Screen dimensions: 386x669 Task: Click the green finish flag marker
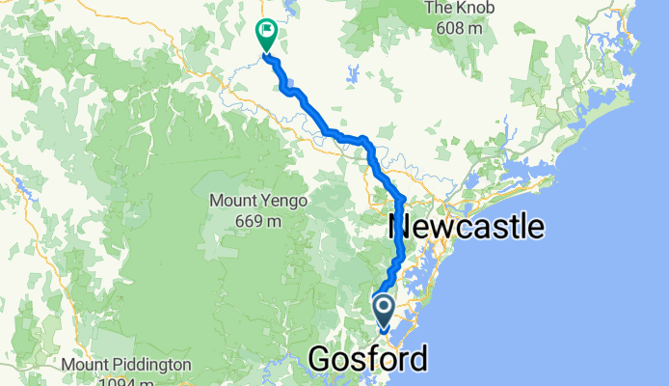point(264,35)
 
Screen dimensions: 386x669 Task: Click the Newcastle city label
point(466,228)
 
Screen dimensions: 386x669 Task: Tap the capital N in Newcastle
point(398,228)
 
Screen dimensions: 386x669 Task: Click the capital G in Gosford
point(319,361)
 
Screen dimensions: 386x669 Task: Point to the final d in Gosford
point(418,361)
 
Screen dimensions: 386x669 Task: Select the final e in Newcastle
point(536,229)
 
